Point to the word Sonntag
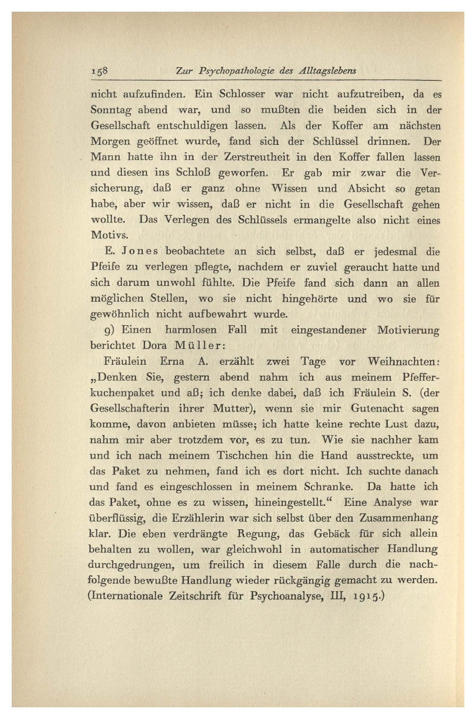coord(111,110)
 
